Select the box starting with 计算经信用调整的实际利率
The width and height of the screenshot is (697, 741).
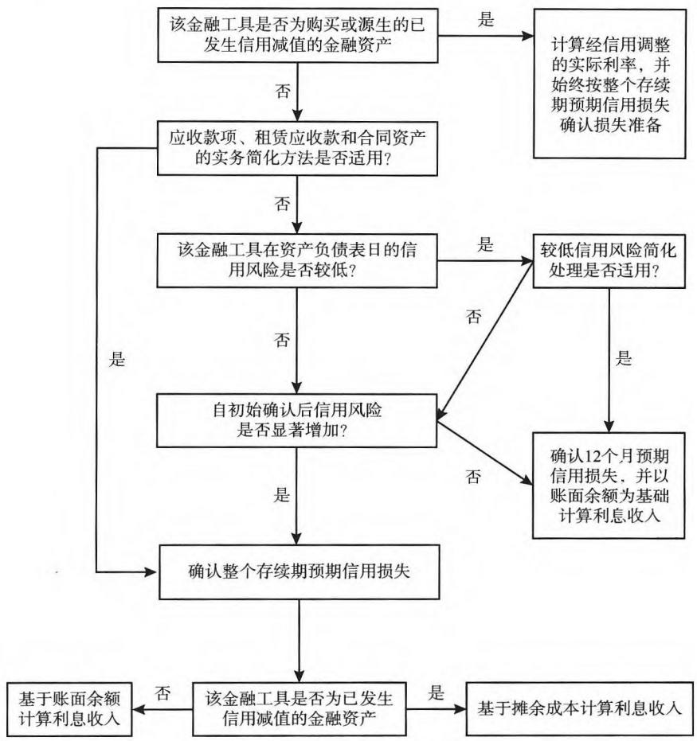pyautogui.click(x=609, y=87)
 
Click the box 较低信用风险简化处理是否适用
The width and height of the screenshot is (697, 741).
pyautogui.click(x=609, y=260)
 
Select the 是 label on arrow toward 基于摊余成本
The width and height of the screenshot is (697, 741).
pyautogui.click(x=437, y=693)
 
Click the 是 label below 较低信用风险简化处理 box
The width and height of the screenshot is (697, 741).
pyautogui.click(x=625, y=357)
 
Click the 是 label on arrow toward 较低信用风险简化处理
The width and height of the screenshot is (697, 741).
pyautogui.click(x=485, y=246)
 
